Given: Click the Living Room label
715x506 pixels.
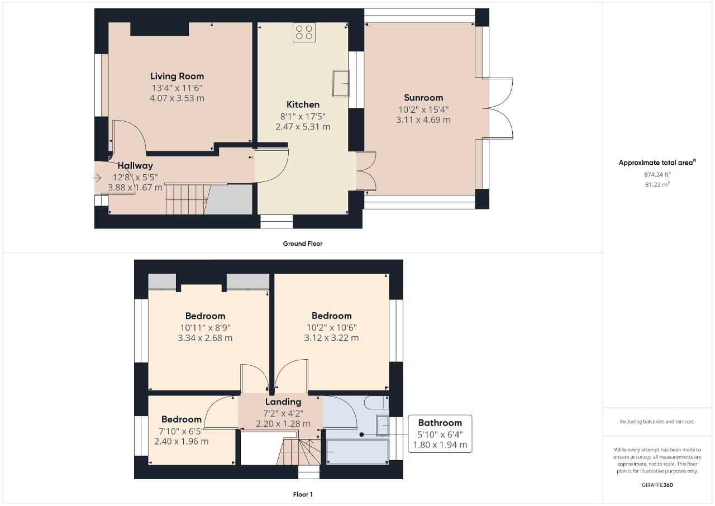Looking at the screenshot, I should coord(177,76).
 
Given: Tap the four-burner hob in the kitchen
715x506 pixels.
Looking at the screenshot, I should coord(303,32).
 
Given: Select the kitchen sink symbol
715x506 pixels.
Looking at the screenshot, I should coord(340,83).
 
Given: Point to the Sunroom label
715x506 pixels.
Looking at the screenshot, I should coord(423,98).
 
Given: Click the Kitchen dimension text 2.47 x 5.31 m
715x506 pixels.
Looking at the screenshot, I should coord(303,127).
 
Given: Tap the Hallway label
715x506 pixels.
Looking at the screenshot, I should coord(135,165).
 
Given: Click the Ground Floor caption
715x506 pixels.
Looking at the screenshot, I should coord(303,244).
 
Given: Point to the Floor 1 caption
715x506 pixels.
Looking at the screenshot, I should coord(303,494).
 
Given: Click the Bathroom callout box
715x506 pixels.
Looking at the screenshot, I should coord(440,433).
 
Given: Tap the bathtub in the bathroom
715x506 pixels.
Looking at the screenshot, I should coord(357,451).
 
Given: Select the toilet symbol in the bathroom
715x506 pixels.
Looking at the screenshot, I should coord(374,402).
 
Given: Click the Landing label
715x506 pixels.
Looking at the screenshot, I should coord(283,402).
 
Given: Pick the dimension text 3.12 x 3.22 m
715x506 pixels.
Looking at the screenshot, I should coord(331,338).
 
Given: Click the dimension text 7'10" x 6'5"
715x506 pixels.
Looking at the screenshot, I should coord(182,431).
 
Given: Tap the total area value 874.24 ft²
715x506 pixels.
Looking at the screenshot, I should coord(657,174).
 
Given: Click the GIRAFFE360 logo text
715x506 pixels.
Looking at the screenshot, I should coord(657,485).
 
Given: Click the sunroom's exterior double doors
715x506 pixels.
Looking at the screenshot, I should coord(500,108).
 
